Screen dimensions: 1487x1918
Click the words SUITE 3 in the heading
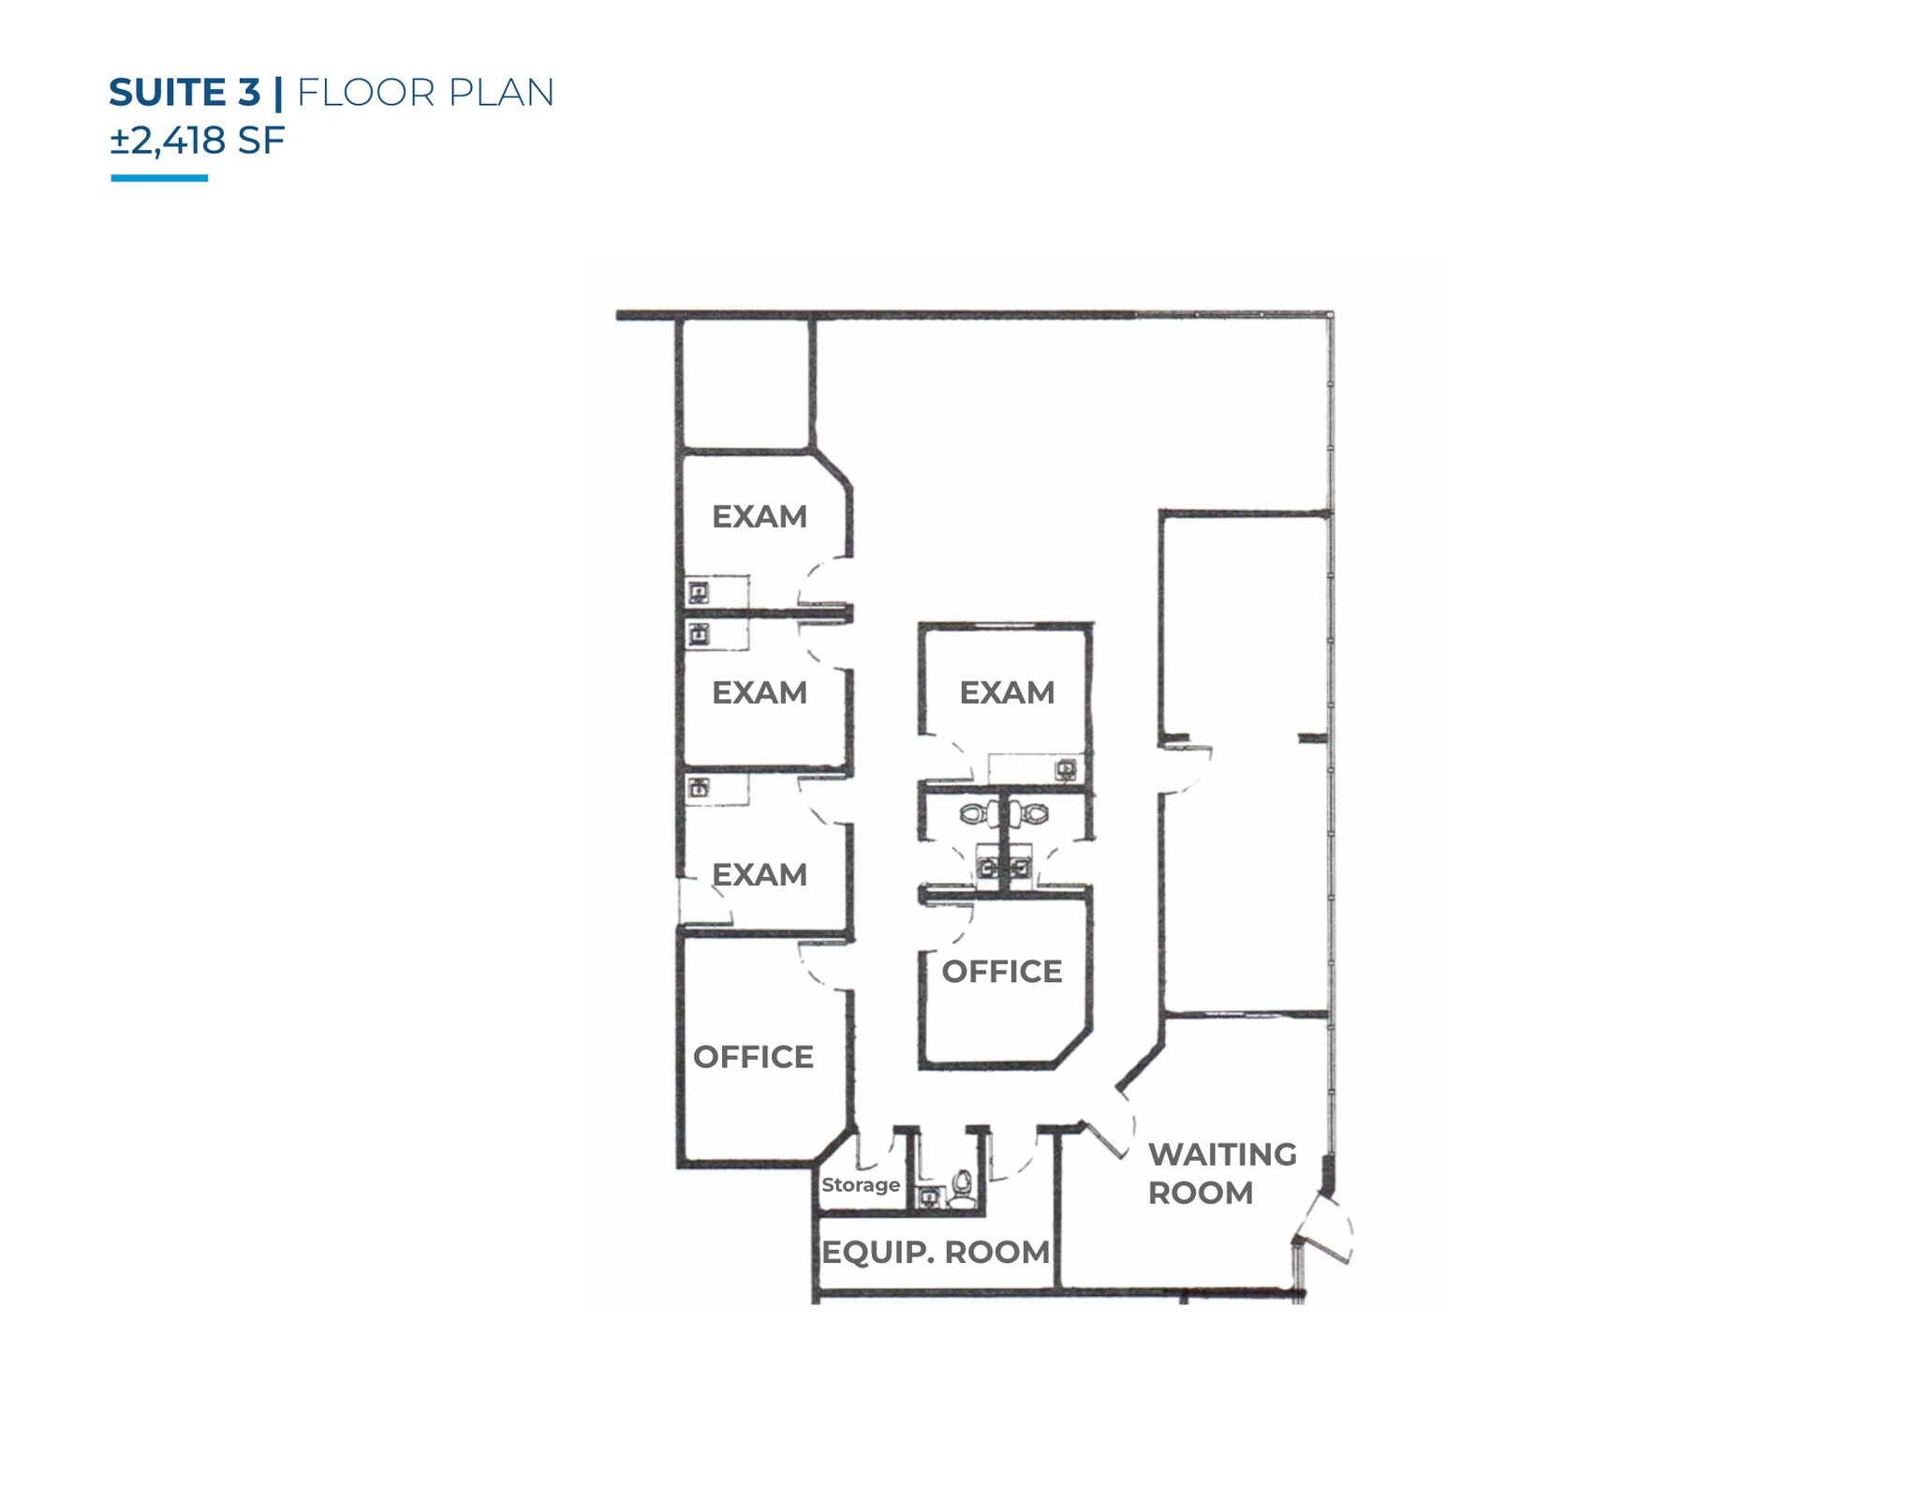(184, 93)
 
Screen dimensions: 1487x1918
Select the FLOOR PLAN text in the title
(425, 93)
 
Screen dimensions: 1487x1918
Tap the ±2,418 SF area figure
(197, 141)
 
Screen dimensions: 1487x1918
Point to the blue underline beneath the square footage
(159, 178)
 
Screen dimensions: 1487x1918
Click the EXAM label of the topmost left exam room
(760, 516)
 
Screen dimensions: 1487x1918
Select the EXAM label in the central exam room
(1007, 692)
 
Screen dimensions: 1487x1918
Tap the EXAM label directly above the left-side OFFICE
(760, 874)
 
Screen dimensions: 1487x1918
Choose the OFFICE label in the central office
(1002, 972)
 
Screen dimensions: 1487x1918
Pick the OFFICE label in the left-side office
(753, 1057)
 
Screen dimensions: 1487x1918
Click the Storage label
(861, 1184)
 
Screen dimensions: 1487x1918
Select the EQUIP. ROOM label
(936, 1252)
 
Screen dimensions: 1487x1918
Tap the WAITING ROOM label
(1222, 1173)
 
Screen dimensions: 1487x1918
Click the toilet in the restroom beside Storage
(962, 1187)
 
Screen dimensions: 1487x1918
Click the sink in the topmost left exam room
(699, 592)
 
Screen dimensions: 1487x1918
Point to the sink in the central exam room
(1066, 770)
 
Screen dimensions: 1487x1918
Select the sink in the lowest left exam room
(699, 788)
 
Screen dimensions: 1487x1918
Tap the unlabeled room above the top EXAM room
(745, 384)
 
